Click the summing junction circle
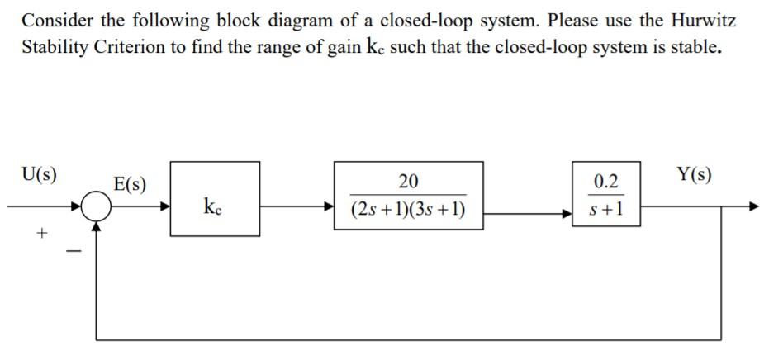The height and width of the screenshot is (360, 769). click(x=97, y=208)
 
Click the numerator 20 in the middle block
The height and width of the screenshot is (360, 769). click(x=408, y=182)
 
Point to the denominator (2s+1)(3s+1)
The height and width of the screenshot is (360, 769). click(x=408, y=211)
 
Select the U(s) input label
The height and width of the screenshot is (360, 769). click(x=40, y=174)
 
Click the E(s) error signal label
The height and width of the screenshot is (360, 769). click(x=131, y=183)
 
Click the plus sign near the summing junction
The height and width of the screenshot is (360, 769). click(x=39, y=234)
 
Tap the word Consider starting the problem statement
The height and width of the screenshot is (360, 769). click(x=54, y=19)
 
